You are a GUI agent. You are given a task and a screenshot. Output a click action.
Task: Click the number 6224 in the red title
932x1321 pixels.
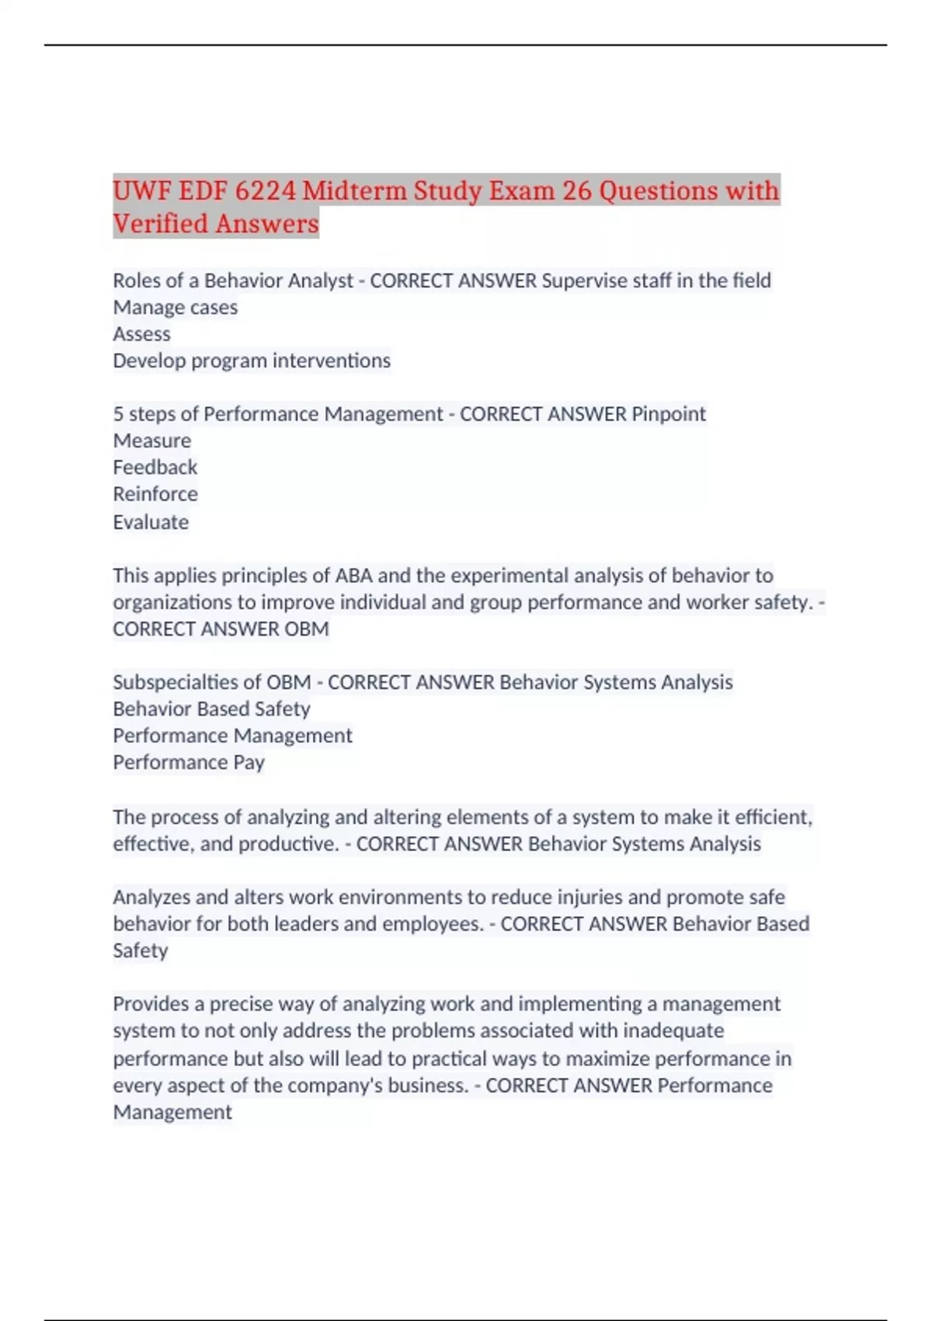(264, 190)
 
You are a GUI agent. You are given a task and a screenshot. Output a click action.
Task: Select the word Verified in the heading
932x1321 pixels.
(160, 224)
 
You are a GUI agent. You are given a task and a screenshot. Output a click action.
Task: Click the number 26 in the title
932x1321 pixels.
(576, 190)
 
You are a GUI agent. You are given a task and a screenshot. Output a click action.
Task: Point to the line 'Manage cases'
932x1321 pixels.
(176, 308)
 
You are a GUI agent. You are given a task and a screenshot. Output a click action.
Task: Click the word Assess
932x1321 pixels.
(141, 334)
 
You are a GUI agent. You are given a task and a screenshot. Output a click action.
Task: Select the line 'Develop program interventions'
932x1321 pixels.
(252, 361)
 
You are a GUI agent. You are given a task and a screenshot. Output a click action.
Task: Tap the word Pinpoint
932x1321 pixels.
(668, 414)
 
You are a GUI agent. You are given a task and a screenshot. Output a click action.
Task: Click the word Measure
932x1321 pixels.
(152, 441)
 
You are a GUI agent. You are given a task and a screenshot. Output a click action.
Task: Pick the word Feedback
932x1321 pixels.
(155, 467)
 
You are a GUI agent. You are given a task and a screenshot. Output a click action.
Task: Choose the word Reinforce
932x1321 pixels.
(155, 494)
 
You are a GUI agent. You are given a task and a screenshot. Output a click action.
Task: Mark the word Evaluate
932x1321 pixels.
(151, 522)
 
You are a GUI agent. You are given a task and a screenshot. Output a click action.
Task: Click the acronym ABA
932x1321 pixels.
(353, 576)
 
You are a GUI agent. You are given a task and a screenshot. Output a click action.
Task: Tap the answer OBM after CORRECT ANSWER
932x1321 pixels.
(307, 629)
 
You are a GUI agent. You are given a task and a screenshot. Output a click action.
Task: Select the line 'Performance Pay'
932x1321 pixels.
(189, 762)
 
